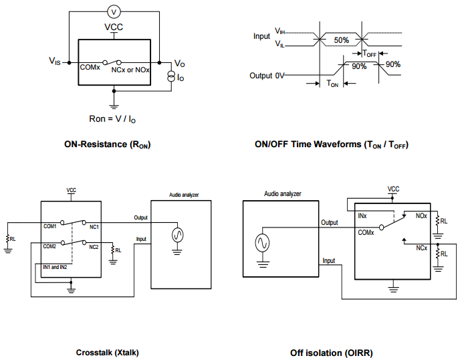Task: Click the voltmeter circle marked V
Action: (114, 11)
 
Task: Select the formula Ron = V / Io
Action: (114, 118)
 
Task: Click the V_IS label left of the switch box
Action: (54, 61)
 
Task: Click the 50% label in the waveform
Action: (342, 40)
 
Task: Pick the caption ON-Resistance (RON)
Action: (108, 144)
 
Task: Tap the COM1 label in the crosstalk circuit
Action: (50, 227)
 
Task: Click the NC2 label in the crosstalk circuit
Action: (94, 246)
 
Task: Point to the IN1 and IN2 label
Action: (55, 267)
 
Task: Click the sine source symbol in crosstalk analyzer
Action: (177, 234)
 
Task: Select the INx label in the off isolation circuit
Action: (362, 216)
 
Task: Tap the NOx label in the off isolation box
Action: (421, 216)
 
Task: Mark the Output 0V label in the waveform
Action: (265, 76)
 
